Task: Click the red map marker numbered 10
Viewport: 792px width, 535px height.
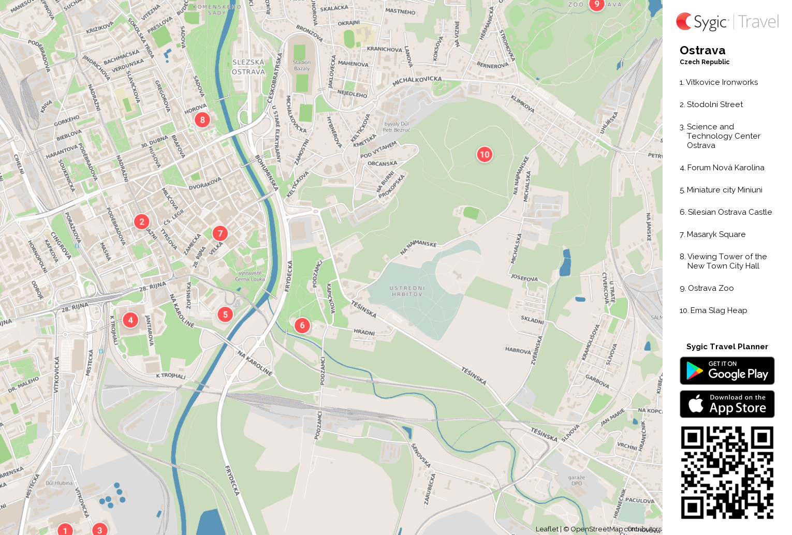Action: [485, 154]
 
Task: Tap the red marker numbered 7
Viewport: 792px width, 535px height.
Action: [220, 233]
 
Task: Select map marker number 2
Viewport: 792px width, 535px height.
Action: [142, 221]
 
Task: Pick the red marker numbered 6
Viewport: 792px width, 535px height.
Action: [302, 325]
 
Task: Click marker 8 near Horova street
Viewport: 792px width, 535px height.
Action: [202, 120]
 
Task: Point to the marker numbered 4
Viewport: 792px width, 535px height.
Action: [130, 320]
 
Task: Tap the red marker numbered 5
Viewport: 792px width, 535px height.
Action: [225, 314]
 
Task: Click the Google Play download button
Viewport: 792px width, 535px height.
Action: [727, 371]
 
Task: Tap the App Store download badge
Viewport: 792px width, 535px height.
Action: [727, 404]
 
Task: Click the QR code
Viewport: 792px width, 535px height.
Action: [727, 472]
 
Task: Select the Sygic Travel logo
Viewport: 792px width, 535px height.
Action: [727, 22]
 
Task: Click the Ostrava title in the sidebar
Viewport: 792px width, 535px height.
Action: [702, 51]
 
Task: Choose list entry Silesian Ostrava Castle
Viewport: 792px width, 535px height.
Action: [726, 212]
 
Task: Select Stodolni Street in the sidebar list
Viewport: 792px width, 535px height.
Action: [711, 105]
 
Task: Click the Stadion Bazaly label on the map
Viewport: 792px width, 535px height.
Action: [302, 65]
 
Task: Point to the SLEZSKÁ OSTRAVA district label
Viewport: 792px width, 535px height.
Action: [248, 67]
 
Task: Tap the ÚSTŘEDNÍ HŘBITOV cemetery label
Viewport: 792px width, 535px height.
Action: [407, 291]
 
